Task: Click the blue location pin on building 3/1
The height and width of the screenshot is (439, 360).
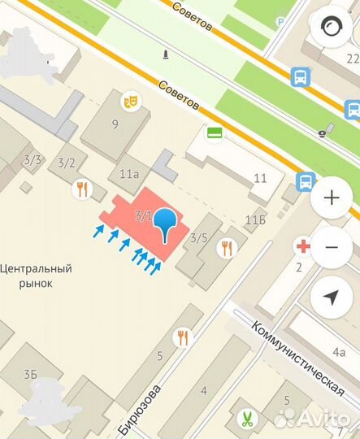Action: (165, 221)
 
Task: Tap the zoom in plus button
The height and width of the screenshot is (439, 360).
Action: (332, 198)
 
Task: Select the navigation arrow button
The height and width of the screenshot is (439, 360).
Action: (332, 297)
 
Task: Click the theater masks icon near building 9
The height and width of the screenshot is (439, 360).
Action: (128, 101)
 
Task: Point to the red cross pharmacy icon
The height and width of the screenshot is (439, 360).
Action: (303, 246)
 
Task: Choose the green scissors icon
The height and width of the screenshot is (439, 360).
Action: (245, 420)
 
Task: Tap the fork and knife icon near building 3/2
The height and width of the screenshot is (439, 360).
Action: (82, 190)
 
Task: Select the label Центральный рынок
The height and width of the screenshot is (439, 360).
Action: (37, 276)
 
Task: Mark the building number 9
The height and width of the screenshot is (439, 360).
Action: (115, 124)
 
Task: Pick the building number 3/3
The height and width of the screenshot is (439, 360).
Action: (33, 159)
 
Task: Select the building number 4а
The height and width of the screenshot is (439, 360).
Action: (338, 352)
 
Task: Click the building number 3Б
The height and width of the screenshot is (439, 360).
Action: (31, 374)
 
